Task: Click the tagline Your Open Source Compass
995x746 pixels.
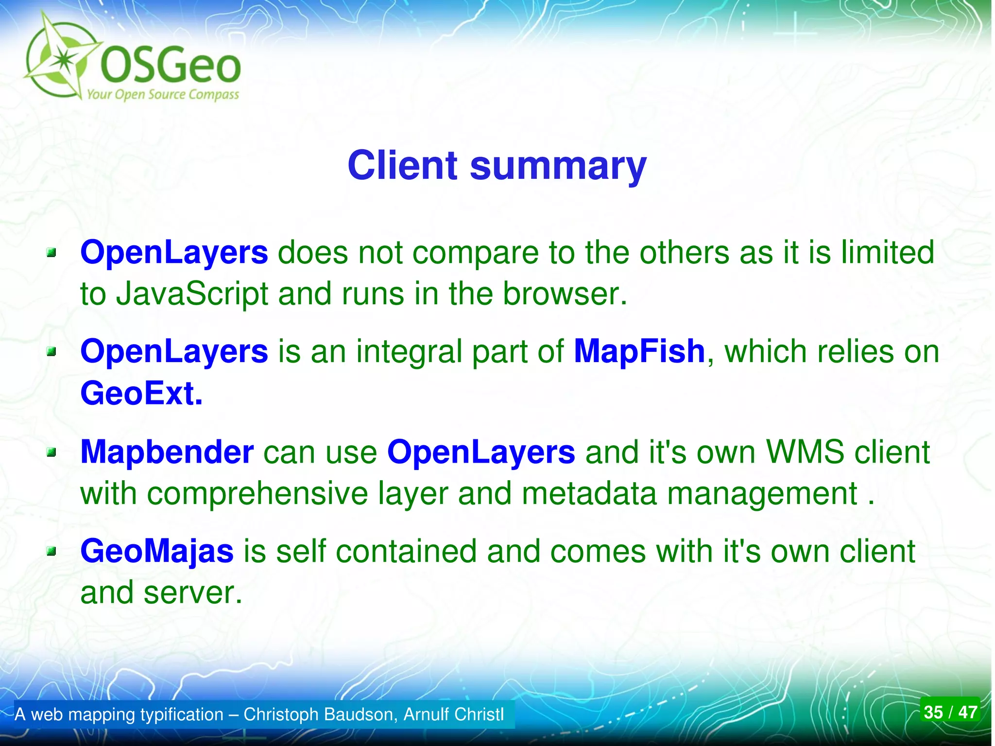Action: (163, 94)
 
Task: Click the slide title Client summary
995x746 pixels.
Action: (497, 166)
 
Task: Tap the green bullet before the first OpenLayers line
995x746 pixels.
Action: (51, 253)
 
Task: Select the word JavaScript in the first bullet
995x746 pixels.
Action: (192, 295)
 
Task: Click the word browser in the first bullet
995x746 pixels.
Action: (564, 295)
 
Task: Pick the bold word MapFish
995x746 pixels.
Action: (639, 351)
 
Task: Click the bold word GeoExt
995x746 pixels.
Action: (141, 393)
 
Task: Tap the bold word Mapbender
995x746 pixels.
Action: (167, 452)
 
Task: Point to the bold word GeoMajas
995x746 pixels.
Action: (156, 552)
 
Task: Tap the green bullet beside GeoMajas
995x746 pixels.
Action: (51, 552)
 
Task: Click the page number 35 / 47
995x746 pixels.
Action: (950, 712)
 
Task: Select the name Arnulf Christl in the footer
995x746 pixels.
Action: (454, 714)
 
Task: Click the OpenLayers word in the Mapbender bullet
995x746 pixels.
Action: (481, 452)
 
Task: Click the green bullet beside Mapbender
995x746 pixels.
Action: (51, 452)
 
